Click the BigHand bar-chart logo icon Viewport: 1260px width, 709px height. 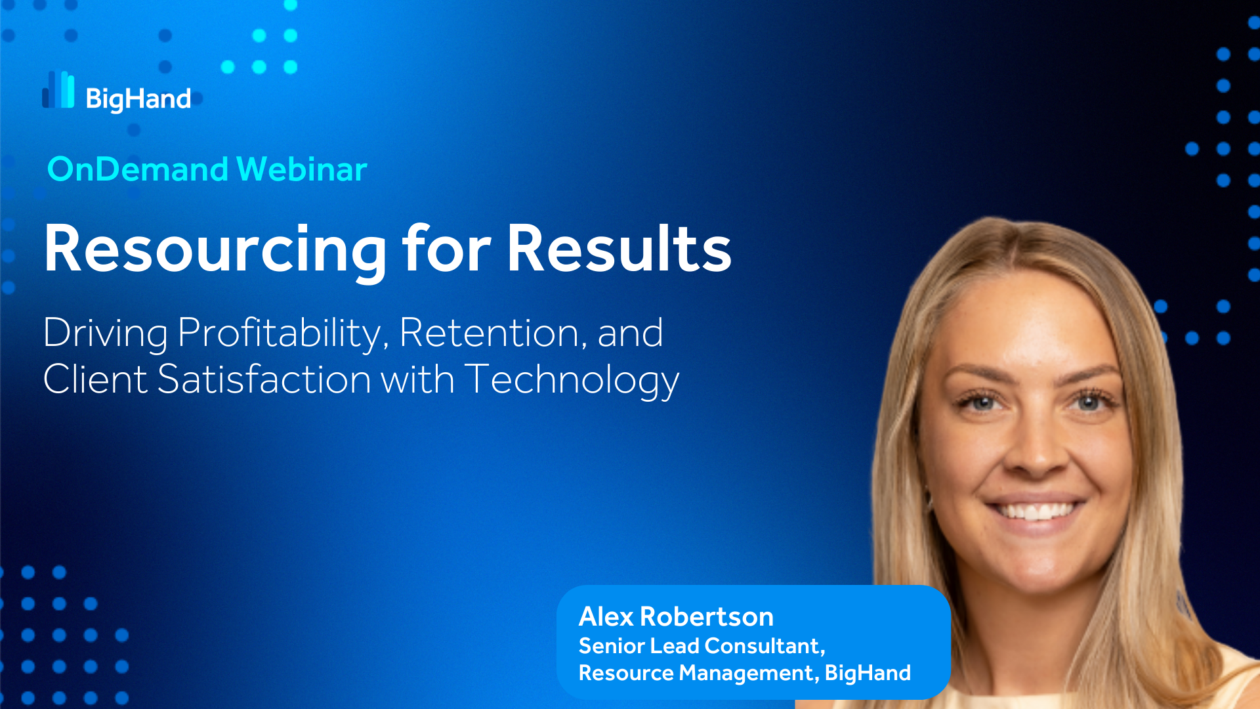click(x=58, y=89)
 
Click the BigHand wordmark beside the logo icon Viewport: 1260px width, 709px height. click(x=138, y=99)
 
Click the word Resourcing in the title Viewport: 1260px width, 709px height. click(x=216, y=249)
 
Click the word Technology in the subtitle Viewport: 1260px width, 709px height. click(x=572, y=381)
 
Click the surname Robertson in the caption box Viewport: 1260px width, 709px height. click(x=707, y=616)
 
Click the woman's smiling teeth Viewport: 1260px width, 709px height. click(x=1034, y=511)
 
